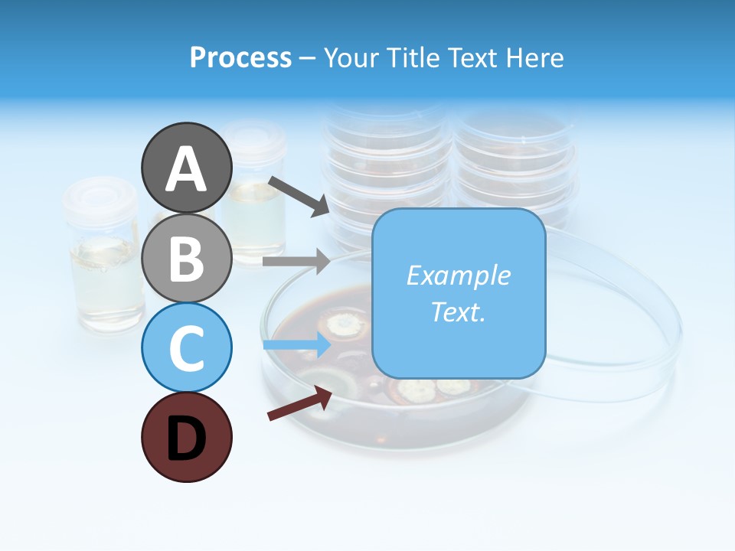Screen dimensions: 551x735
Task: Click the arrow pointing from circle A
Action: click(x=299, y=196)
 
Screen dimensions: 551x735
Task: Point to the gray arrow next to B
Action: click(x=296, y=261)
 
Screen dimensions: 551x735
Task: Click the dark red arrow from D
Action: click(x=299, y=403)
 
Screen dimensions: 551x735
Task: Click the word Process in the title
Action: click(x=240, y=57)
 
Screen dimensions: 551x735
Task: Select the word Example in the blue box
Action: click(x=459, y=275)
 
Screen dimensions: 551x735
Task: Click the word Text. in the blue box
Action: click(x=459, y=311)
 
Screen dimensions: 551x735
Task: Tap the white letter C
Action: click(x=187, y=349)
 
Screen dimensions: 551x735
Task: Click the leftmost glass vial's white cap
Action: click(x=100, y=198)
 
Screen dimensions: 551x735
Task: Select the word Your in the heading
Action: click(x=353, y=57)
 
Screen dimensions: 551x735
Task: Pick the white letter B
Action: click(x=187, y=259)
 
